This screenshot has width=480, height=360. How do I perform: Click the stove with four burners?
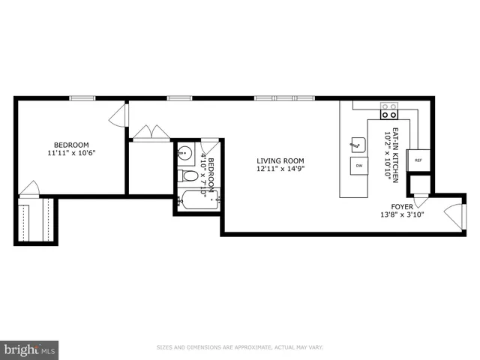click(389, 112)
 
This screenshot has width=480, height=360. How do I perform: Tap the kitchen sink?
click(357, 142)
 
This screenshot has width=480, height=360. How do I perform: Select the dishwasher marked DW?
click(359, 165)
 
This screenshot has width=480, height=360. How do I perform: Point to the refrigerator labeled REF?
click(418, 160)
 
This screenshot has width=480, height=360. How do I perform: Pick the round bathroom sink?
click(184, 151)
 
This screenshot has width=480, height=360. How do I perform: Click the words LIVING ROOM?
click(280, 160)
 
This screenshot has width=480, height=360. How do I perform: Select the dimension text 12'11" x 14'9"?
click(280, 169)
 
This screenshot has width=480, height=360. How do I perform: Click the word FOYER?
click(402, 207)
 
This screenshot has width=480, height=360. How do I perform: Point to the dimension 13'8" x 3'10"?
click(403, 215)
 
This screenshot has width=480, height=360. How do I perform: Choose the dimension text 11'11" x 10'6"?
click(70, 154)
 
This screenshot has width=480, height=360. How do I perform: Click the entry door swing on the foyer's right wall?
click(453, 215)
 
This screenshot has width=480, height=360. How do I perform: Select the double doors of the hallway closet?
click(151, 133)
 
